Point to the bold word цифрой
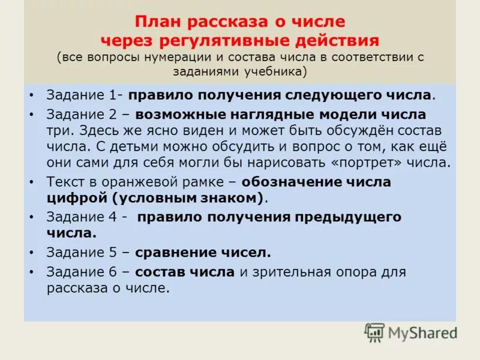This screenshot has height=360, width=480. (74, 197)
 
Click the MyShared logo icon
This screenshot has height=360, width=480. (374, 332)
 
